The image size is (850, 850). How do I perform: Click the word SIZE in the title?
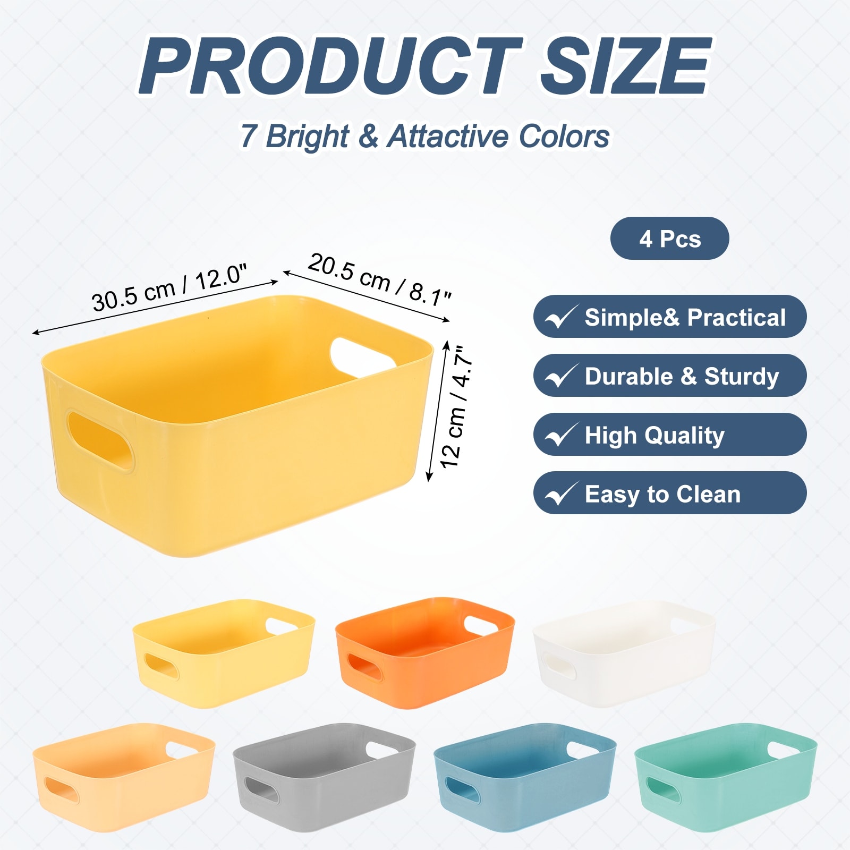[x=625, y=67]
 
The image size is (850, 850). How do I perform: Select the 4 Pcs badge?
[x=669, y=239]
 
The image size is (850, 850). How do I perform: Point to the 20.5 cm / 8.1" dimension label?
[x=379, y=279]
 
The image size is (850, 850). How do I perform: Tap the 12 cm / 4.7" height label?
[x=457, y=407]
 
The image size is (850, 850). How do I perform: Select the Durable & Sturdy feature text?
[x=682, y=376]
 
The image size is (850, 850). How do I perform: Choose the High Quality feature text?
[x=654, y=435]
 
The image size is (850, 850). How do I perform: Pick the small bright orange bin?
[x=425, y=652]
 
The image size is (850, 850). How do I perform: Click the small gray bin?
[x=324, y=777]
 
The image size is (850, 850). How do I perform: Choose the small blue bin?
[x=525, y=777]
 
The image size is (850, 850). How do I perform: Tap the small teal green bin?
[x=726, y=777]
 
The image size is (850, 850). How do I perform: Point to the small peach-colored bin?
[x=124, y=777]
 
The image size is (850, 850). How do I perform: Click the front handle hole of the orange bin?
[x=364, y=667]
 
